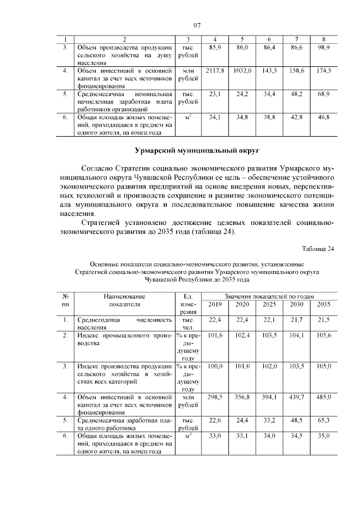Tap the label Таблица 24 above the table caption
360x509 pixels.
(x=318, y=249)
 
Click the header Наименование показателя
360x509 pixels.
(x=124, y=300)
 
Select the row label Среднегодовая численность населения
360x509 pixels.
(x=124, y=323)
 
